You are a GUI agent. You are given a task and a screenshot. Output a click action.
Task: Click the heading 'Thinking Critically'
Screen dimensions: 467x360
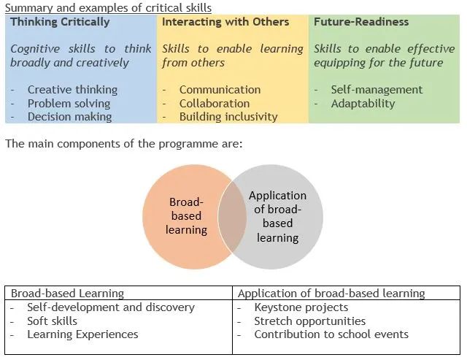tap(60, 23)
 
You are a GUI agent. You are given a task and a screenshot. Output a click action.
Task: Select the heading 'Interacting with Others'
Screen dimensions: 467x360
tap(225, 22)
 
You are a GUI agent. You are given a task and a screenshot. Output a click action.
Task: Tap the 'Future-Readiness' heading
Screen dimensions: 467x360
tap(361, 22)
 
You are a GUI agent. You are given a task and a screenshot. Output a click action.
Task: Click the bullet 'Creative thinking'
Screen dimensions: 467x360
tap(72, 89)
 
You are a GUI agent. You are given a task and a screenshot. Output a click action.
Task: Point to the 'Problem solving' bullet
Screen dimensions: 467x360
tap(69, 104)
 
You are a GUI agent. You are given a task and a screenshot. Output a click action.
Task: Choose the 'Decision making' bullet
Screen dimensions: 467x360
tap(70, 117)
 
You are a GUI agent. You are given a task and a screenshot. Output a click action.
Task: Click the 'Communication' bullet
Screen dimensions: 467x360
tap(220, 89)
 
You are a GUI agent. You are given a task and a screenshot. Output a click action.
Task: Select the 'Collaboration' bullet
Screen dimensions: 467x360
tap(215, 104)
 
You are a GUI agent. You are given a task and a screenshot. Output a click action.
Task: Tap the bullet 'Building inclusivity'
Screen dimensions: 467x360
tap(228, 117)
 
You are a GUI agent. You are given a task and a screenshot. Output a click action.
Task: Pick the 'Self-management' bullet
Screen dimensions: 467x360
tap(377, 89)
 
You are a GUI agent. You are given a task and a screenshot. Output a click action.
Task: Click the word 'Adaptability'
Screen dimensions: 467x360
tap(363, 104)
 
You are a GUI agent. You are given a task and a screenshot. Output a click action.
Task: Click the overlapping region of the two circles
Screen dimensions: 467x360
tap(232, 217)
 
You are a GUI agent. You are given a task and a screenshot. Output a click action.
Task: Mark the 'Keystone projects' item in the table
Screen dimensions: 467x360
tap(301, 307)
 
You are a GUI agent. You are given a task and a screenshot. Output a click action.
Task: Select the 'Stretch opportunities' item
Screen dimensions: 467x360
tap(309, 321)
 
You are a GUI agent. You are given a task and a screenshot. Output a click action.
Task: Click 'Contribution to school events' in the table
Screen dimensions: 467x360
tap(331, 334)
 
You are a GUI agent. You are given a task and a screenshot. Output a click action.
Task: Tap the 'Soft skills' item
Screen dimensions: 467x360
tap(52, 321)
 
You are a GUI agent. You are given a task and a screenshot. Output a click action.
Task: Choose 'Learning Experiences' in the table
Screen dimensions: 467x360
tap(82, 334)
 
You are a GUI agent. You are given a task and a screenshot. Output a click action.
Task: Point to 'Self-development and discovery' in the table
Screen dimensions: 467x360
tap(111, 307)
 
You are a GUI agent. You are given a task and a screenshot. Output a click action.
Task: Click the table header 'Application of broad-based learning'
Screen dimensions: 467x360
tap(331, 294)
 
